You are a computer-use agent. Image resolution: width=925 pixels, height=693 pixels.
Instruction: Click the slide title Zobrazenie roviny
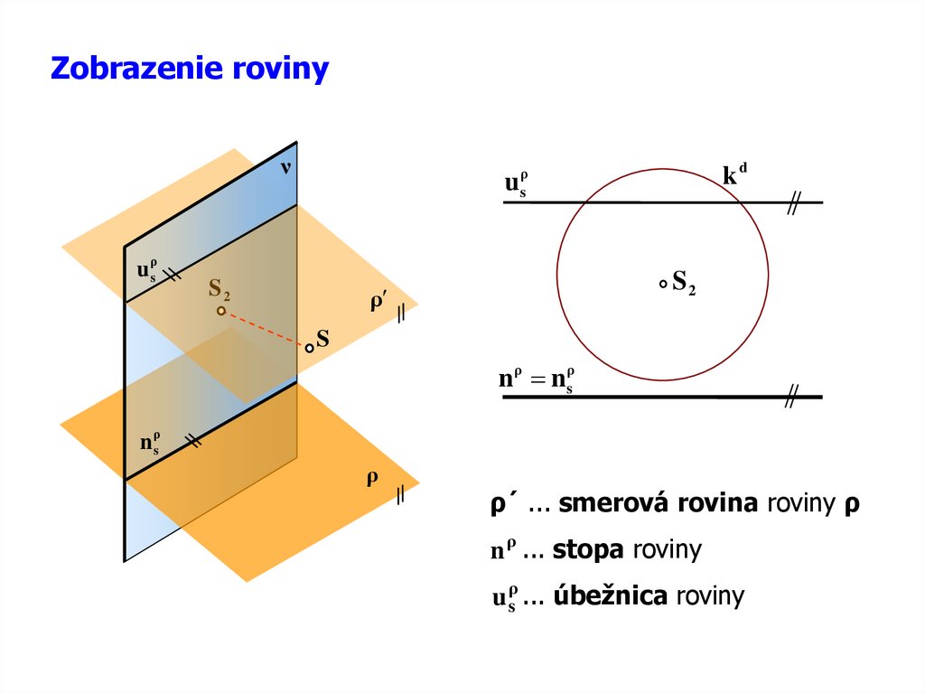[189, 69]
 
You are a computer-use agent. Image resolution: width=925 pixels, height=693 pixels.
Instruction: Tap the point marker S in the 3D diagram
[309, 348]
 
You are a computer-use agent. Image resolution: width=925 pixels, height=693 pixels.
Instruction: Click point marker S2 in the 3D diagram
[220, 311]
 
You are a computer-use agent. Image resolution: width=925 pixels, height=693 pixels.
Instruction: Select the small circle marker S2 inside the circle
[663, 284]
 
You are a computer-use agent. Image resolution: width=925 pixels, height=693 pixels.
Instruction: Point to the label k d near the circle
[734, 174]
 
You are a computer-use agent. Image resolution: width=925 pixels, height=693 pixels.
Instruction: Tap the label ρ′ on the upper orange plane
[378, 304]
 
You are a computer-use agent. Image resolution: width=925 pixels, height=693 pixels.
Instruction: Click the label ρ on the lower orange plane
[370, 479]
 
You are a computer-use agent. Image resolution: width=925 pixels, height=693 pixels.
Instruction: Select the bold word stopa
[589, 549]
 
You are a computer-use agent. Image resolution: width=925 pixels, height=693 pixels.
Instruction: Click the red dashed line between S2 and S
[265, 329]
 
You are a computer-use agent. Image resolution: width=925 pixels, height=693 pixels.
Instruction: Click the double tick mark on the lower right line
[792, 396]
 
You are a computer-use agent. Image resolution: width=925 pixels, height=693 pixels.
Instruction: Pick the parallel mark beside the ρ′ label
[400, 313]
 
